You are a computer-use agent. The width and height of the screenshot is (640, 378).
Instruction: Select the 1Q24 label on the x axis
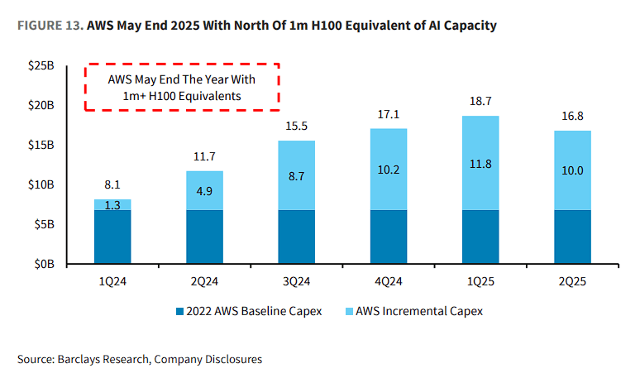point(112,280)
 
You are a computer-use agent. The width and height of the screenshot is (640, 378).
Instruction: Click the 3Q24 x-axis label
point(296,280)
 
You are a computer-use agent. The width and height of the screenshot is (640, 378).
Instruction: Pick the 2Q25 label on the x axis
point(572,280)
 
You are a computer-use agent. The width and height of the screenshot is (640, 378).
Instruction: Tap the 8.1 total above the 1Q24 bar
point(112,187)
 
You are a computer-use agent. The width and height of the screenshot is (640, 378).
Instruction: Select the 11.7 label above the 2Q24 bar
point(204,156)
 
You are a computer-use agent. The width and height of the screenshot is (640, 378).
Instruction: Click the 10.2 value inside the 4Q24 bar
point(388,170)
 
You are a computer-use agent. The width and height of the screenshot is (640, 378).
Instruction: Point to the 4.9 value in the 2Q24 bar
point(204,190)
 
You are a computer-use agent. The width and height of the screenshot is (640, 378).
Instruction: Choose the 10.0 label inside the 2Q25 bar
point(572,170)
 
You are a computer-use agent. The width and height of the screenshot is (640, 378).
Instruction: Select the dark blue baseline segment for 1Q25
point(480,237)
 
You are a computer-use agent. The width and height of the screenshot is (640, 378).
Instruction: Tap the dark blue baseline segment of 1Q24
point(112,237)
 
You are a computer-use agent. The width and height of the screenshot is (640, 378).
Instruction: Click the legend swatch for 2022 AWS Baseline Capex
point(179,311)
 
